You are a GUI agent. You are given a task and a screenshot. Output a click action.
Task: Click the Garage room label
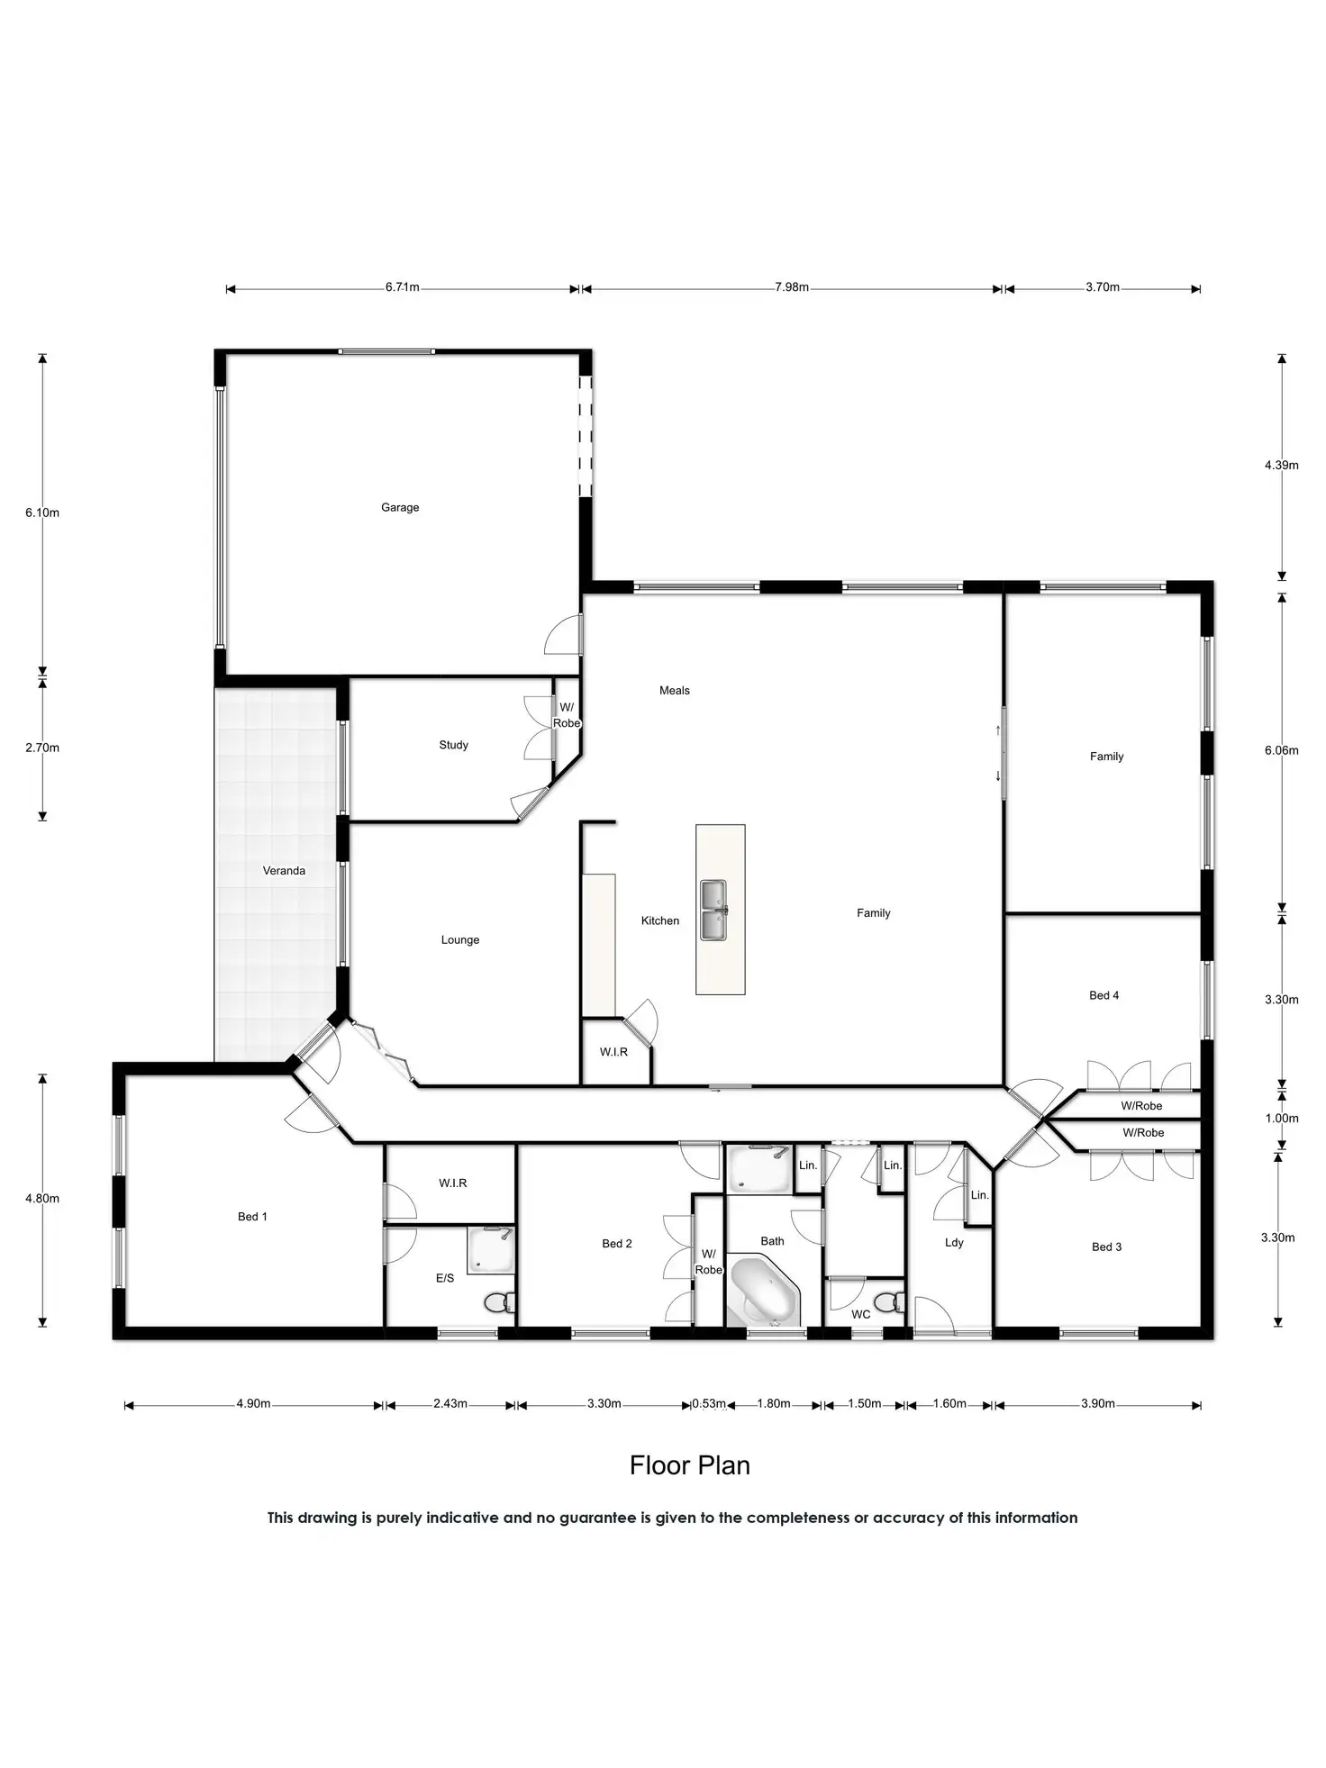[x=400, y=507]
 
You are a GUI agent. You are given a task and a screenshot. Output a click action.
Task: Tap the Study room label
[x=453, y=745]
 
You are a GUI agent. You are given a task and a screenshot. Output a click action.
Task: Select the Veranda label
[x=284, y=871]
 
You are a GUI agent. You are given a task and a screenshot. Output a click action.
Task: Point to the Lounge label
[x=459, y=940]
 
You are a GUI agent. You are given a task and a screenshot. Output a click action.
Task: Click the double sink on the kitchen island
[x=714, y=910]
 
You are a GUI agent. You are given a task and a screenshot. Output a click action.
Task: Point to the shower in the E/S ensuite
[x=490, y=1250]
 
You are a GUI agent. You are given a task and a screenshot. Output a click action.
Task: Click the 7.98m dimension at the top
[x=792, y=287]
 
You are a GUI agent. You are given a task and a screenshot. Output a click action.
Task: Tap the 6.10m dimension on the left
[x=42, y=512]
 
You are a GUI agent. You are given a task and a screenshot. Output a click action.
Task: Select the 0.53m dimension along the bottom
[x=709, y=1403]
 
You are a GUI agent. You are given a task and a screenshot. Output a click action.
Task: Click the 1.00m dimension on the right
[x=1281, y=1119]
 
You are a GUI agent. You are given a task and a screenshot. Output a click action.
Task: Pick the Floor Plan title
[x=690, y=1465]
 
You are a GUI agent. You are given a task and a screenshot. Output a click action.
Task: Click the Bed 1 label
[x=252, y=1217]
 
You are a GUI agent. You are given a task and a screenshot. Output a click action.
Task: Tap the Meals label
[x=675, y=691]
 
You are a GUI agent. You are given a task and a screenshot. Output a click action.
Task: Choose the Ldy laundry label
[x=954, y=1243]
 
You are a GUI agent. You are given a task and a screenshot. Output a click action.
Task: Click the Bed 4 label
[x=1103, y=995]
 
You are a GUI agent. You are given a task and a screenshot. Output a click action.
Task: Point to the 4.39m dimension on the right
[x=1281, y=466]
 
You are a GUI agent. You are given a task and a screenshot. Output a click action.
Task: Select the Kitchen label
[x=660, y=920]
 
